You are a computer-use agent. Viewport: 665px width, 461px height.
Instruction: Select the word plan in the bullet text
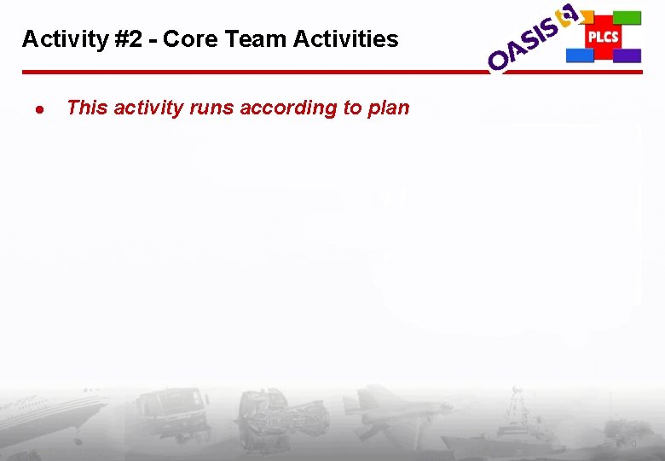pos(388,108)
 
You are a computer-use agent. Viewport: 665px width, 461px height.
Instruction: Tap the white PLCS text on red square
pos(603,38)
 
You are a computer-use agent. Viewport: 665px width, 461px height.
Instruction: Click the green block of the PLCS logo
pos(627,17)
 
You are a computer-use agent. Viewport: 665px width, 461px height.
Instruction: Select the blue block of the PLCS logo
pos(580,55)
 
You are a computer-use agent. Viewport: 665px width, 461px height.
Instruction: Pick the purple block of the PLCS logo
pos(627,55)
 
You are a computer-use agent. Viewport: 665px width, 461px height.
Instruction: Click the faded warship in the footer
pos(520,423)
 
